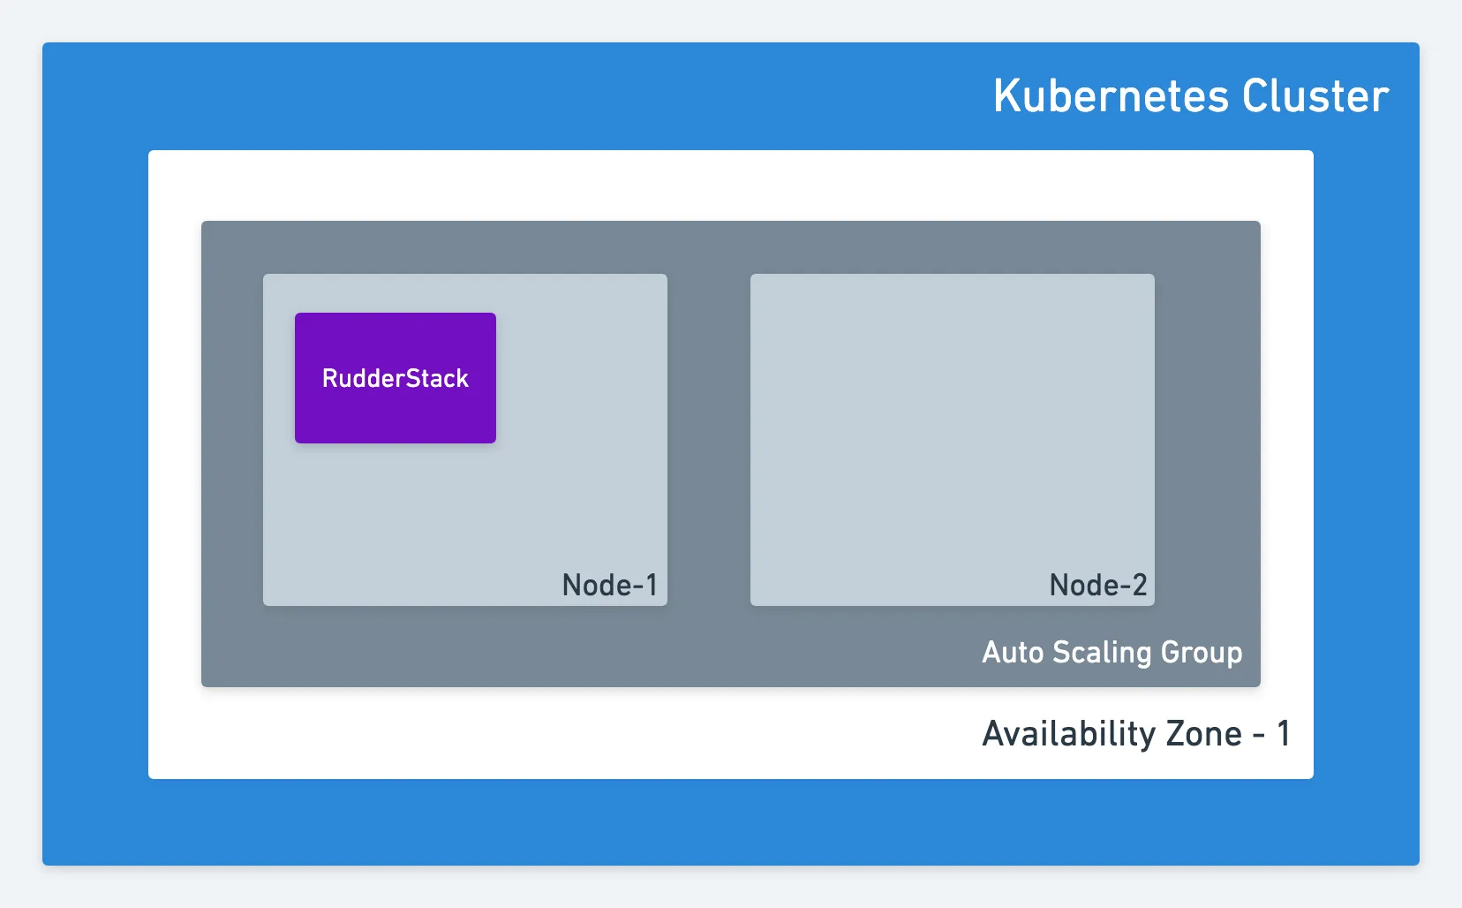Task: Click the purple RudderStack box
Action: pyautogui.click(x=396, y=378)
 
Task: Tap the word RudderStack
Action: pyautogui.click(x=396, y=379)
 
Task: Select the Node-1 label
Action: pyautogui.click(x=609, y=585)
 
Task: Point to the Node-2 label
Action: pyautogui.click(x=1097, y=585)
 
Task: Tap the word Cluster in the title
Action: pyautogui.click(x=1315, y=96)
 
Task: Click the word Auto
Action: pyautogui.click(x=1013, y=652)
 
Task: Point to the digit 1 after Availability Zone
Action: pyautogui.click(x=1283, y=734)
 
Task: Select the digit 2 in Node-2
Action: pyautogui.click(x=1139, y=585)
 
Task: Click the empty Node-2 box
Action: pyautogui.click(x=953, y=439)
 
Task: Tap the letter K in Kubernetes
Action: pyautogui.click(x=1006, y=96)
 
